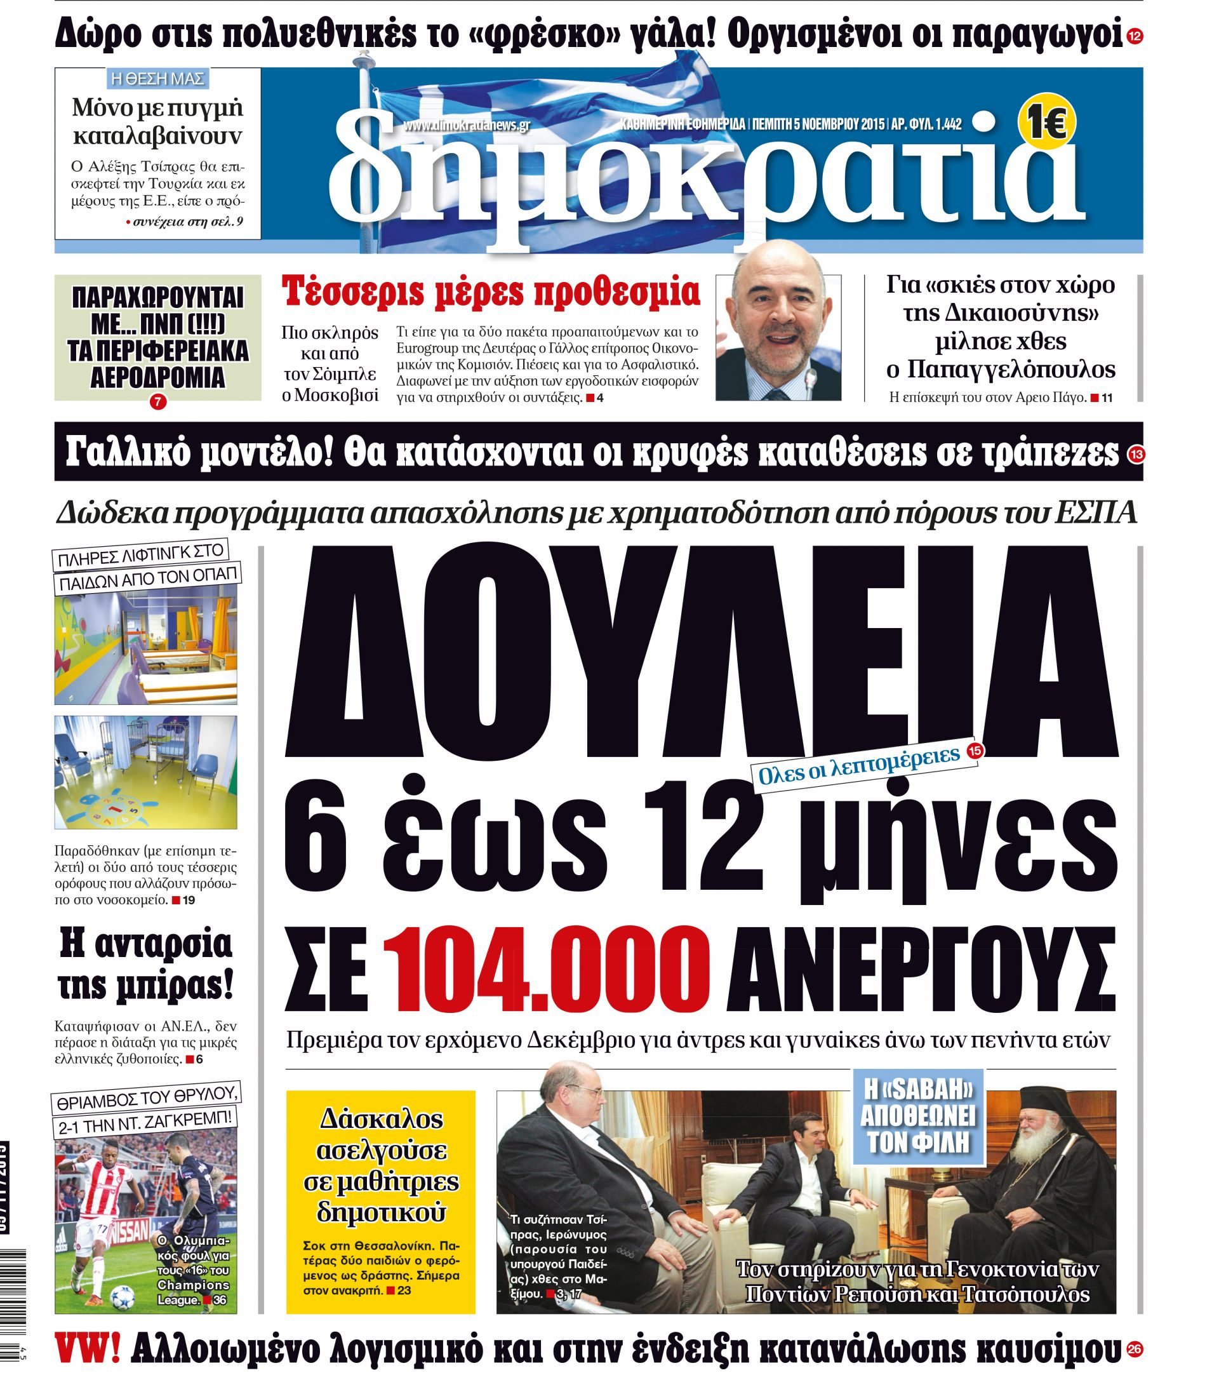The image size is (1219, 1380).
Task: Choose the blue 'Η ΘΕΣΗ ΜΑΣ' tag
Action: (157, 78)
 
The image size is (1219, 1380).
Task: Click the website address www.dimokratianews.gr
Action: (467, 125)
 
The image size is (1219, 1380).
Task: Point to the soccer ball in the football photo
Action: (123, 1295)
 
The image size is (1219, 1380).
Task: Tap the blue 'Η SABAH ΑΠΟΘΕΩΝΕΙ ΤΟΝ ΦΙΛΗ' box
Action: (918, 1115)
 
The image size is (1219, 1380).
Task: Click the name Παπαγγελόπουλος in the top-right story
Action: (1001, 370)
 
